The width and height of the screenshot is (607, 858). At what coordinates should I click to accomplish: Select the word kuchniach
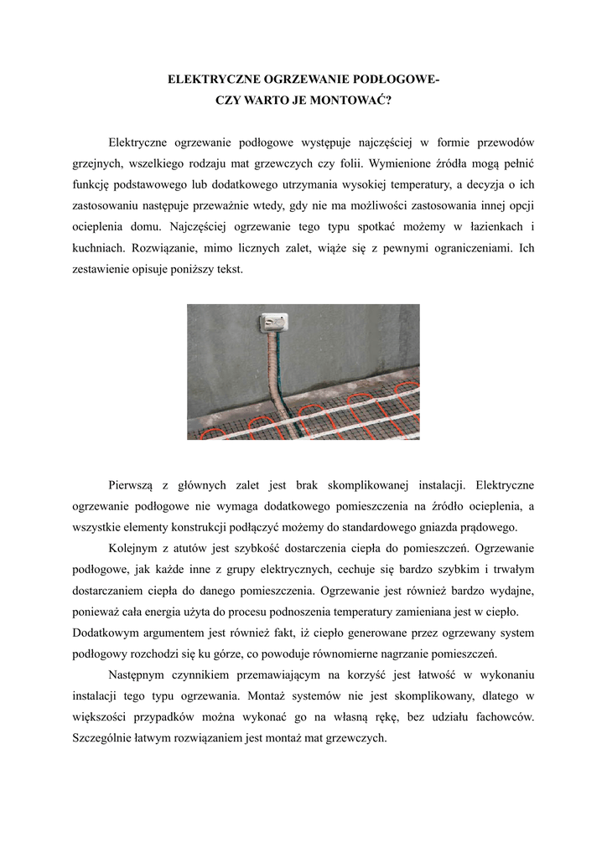[100, 248]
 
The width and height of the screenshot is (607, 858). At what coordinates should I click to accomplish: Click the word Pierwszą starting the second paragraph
[135, 483]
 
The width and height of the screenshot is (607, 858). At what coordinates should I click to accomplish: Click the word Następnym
[139, 675]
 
